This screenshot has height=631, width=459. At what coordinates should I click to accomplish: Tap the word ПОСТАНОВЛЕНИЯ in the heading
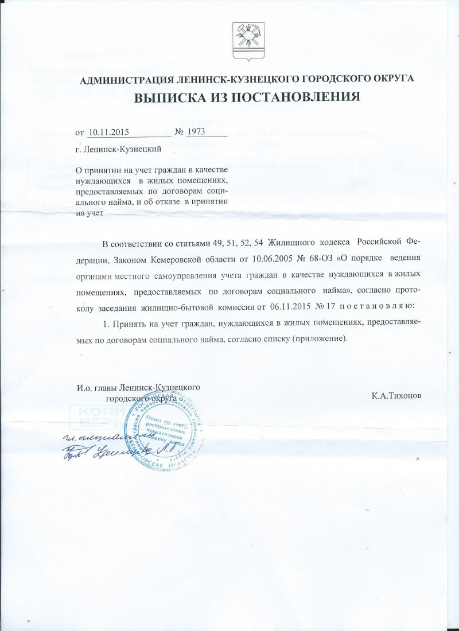click(297, 96)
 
